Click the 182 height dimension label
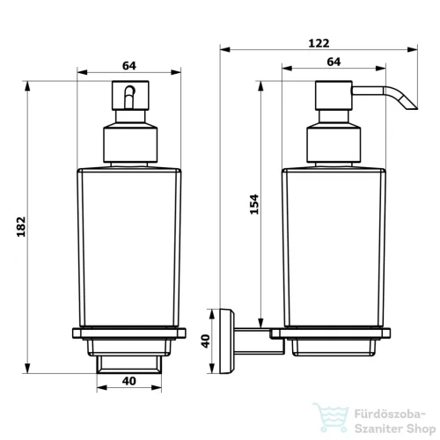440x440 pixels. [x=21, y=227]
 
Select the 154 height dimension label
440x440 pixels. [x=254, y=204]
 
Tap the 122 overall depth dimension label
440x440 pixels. [x=319, y=43]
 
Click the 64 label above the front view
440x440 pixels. [x=129, y=66]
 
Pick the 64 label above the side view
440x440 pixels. [x=334, y=62]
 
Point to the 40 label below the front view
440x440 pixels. [x=129, y=381]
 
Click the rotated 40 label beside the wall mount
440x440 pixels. [x=205, y=341]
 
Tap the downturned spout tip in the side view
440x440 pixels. [x=414, y=107]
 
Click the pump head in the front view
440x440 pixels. [x=130, y=95]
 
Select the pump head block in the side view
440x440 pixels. [x=334, y=95]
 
